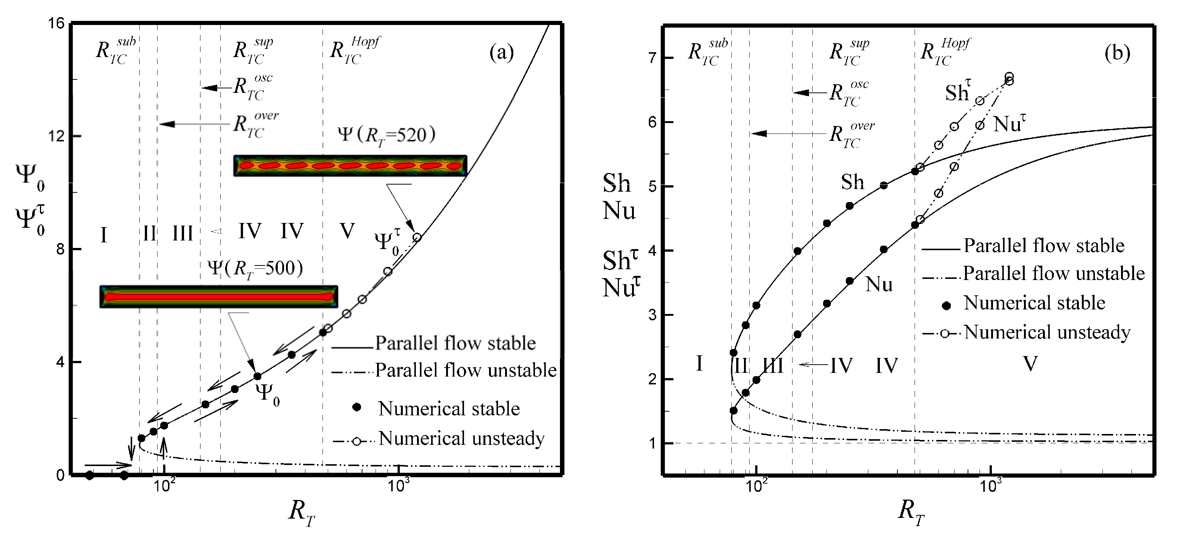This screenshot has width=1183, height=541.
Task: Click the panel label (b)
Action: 1117,53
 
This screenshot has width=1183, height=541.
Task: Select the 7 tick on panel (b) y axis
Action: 652,58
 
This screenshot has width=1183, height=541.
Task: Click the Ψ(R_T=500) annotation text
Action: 255,268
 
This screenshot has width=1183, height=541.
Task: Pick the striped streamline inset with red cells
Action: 350,166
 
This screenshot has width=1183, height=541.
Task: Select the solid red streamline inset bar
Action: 219,296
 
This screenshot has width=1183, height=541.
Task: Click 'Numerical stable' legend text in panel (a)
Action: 449,408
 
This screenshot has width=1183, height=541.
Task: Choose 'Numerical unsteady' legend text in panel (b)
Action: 1047,332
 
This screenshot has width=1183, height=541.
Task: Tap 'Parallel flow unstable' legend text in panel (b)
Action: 1053,273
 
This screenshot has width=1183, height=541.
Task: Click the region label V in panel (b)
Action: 1030,364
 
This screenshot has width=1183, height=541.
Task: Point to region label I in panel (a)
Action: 104,235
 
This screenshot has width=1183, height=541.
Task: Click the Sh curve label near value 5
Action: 852,182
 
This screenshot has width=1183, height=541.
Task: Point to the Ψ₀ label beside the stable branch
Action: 267,394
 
